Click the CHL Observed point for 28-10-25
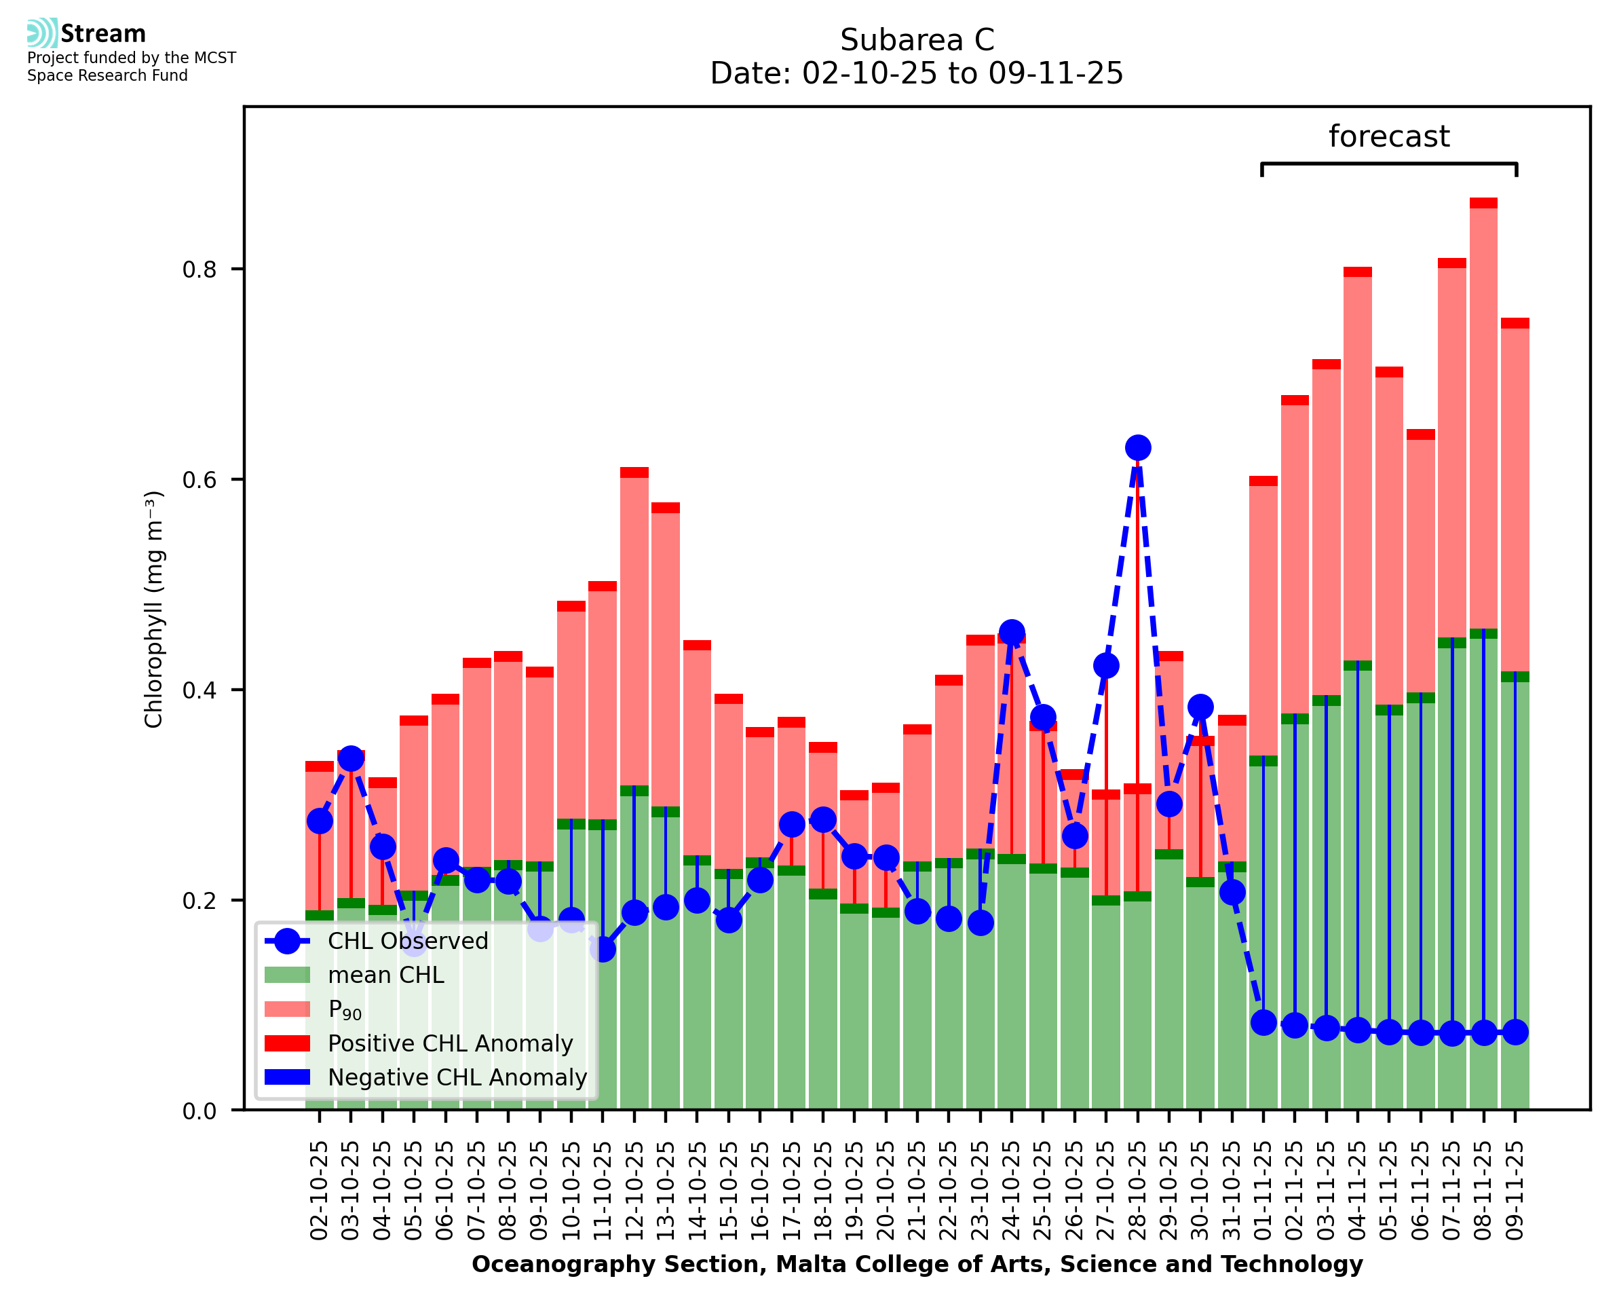coord(1137,448)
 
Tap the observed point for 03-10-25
coord(351,759)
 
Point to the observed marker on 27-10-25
coord(1106,665)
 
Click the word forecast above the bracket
coord(1389,136)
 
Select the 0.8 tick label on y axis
coord(199,269)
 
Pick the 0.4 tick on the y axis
coord(199,690)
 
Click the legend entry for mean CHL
coord(386,975)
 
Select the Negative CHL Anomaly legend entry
coord(457,1077)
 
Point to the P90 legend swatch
coord(287,1009)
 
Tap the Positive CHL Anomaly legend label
coord(451,1043)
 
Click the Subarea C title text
coord(917,40)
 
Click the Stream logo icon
coord(42,33)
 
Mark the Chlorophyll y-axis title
coord(153,609)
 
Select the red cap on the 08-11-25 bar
coord(1483,203)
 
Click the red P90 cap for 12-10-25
coord(634,472)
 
